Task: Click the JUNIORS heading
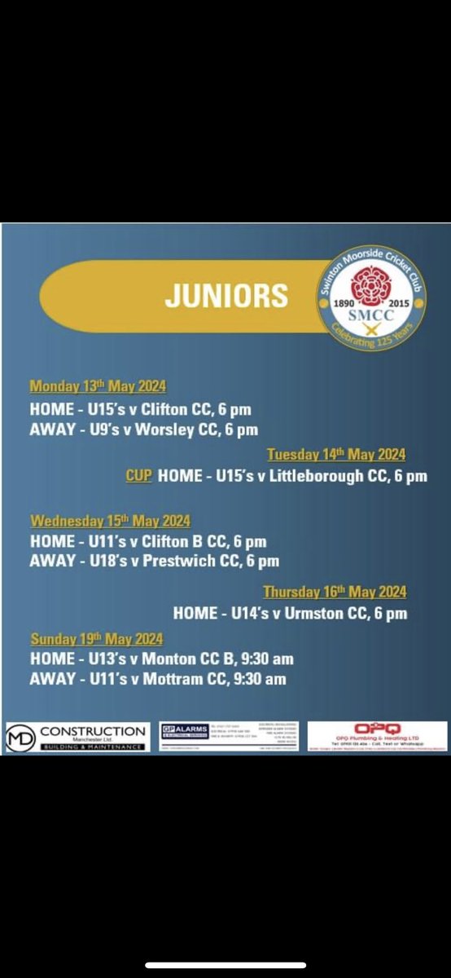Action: (x=226, y=295)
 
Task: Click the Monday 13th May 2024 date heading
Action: (x=98, y=387)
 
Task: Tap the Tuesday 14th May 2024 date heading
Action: (x=336, y=455)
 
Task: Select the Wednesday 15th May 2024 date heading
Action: (x=110, y=521)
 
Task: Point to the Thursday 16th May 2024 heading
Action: (x=335, y=593)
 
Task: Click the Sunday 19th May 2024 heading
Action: (x=97, y=639)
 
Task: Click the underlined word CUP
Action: (x=138, y=475)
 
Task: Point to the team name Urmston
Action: (x=313, y=613)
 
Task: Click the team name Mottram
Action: (x=169, y=679)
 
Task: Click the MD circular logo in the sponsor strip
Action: (x=20, y=737)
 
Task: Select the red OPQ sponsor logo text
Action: (x=377, y=728)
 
